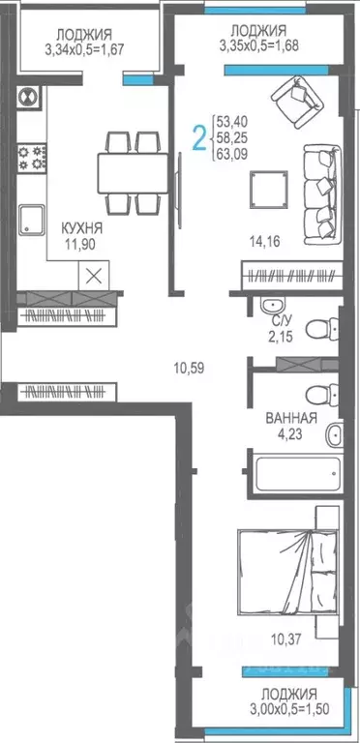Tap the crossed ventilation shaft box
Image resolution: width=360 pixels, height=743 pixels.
pos(94,274)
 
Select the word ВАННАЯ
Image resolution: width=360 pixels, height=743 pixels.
pos(290,419)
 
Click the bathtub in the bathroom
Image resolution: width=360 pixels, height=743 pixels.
pos(295,474)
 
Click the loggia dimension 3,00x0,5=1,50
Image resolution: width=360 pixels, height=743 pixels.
pos(288,709)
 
